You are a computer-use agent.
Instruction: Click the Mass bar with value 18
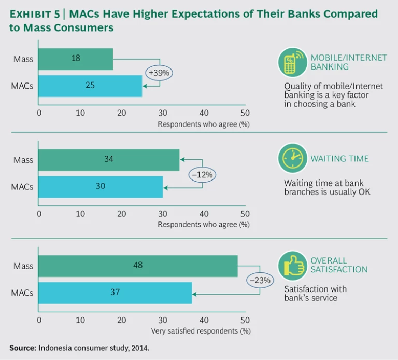[x=76, y=59]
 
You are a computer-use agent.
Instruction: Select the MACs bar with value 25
[x=90, y=86]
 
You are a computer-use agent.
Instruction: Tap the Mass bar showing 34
[x=109, y=160]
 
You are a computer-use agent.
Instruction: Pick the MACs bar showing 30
[x=101, y=187]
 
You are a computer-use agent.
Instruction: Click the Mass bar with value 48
[x=138, y=266]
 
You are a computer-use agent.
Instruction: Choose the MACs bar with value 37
[x=115, y=293]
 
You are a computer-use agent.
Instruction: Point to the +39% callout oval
[x=159, y=73]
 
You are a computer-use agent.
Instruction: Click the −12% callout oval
[x=202, y=175]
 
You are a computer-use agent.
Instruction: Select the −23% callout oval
[x=260, y=280]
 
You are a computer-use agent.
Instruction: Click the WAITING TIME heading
[x=339, y=158]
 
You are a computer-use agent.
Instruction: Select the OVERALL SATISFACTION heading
[x=339, y=265]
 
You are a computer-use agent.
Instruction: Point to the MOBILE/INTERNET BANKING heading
[x=348, y=62]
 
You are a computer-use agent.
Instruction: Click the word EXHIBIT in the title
[x=32, y=14]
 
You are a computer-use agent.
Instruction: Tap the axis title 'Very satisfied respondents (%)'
[x=201, y=330]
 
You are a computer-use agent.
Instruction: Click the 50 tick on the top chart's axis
[x=245, y=113]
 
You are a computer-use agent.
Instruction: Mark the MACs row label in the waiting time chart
[x=22, y=187]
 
